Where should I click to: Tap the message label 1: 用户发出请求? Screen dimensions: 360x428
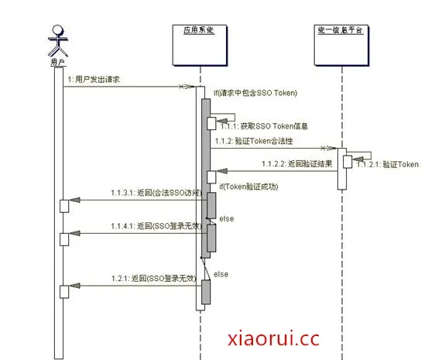[x=93, y=79]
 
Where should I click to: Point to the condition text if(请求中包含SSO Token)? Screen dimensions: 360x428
[x=255, y=93]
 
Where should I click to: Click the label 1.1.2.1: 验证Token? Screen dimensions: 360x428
[x=388, y=164]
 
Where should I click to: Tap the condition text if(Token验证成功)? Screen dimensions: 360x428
[x=248, y=187]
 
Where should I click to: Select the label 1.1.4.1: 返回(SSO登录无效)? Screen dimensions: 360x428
[x=153, y=226]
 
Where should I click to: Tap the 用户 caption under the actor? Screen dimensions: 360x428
[x=55, y=61]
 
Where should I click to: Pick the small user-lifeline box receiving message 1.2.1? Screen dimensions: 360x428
[x=65, y=290]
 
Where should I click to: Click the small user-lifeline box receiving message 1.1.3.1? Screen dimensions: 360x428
[x=65, y=204]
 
